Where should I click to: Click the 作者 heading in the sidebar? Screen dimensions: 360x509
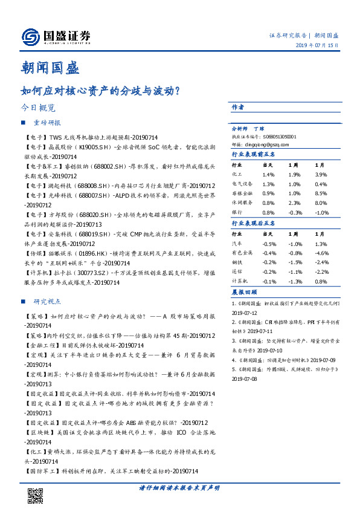(x=238, y=107)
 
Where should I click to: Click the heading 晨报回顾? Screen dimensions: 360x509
(x=243, y=292)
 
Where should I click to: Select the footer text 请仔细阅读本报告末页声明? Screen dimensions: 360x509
(x=179, y=487)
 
